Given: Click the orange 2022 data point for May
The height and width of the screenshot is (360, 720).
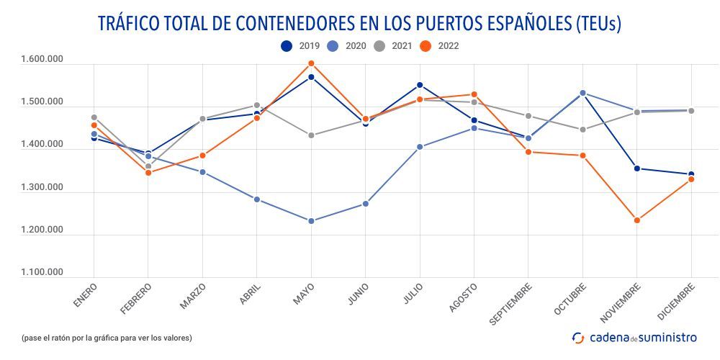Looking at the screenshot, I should [311, 64].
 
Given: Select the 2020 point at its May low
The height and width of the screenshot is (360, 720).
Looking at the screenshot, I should [311, 221].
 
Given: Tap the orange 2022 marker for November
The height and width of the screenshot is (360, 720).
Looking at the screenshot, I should [636, 220].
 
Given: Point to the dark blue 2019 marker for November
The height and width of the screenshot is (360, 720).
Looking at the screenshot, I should [636, 168].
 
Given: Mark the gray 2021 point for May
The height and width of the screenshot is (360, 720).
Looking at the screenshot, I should [311, 135].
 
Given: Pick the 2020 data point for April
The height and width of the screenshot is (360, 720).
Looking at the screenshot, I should [257, 199].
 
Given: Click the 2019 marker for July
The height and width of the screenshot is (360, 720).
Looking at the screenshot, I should [420, 85].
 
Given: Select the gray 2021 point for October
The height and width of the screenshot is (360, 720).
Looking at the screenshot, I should [582, 130].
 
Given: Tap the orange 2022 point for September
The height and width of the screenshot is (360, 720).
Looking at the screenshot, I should [528, 152].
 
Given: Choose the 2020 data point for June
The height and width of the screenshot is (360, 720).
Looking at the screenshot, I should [366, 204].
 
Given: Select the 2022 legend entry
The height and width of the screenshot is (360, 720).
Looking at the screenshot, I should [438, 46].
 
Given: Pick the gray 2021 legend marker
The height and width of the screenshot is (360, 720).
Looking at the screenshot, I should [380, 46].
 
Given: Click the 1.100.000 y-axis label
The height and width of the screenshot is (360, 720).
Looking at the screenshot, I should [42, 273].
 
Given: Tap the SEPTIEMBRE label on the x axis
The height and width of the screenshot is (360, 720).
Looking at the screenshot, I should [512, 302].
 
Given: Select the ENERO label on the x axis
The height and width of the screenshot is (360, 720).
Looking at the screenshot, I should [85, 295].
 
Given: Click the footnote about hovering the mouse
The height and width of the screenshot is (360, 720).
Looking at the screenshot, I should [107, 338].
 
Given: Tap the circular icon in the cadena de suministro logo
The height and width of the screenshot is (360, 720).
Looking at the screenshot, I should [578, 337].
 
